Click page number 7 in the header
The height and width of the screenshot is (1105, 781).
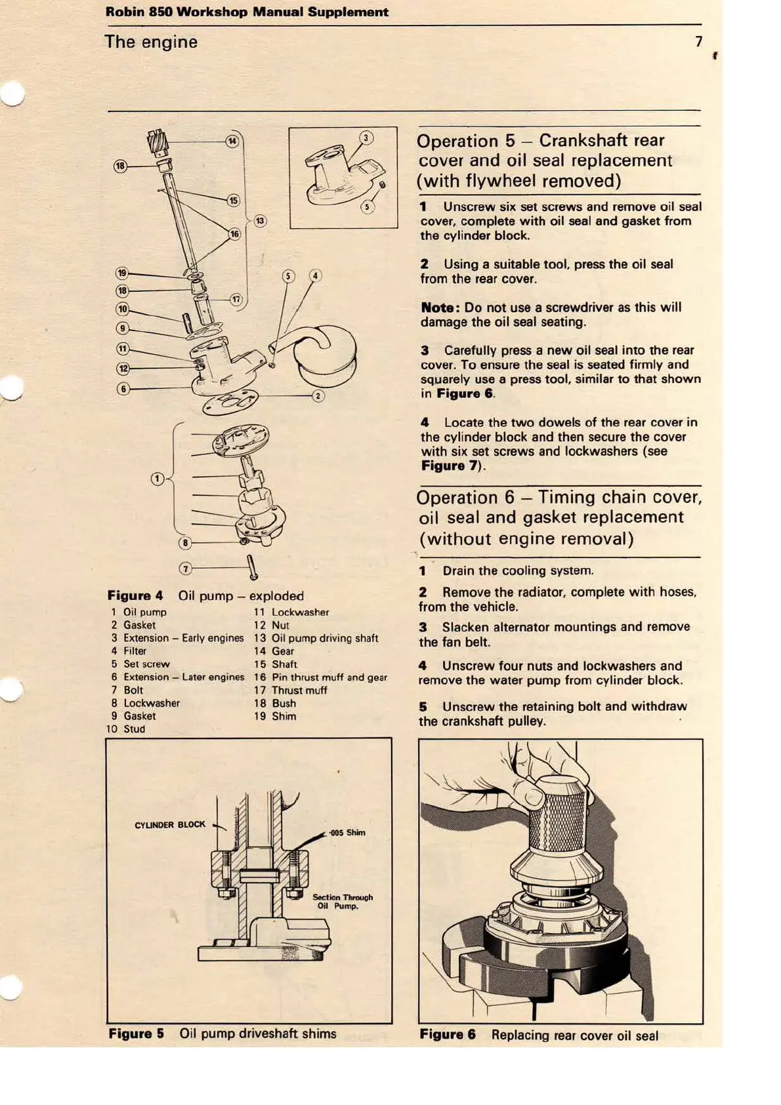click(x=698, y=42)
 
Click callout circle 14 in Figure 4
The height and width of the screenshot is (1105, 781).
click(x=232, y=141)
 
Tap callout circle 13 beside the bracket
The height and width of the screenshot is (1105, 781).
click(x=260, y=220)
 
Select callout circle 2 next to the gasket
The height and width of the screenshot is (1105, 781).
click(x=318, y=395)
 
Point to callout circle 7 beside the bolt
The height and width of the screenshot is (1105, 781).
click(x=186, y=569)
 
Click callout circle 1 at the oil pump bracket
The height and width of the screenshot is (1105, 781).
click(x=157, y=479)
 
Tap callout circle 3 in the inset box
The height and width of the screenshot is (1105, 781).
click(x=366, y=138)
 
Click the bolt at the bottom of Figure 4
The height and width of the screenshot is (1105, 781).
click(x=252, y=567)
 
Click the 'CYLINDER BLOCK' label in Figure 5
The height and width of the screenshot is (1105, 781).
click(x=170, y=825)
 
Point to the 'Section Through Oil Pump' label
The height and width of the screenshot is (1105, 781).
click(x=342, y=902)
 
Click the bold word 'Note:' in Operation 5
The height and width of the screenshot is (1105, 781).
click(x=438, y=308)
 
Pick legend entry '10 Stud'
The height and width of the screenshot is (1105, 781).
click(x=125, y=729)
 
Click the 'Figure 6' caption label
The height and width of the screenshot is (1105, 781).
click(x=447, y=1035)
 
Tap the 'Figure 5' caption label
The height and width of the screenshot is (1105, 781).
click(x=136, y=1034)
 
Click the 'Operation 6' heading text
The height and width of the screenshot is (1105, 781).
click(x=465, y=498)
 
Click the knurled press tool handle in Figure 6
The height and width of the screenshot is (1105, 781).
click(x=557, y=820)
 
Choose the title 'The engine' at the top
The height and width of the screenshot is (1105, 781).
click(x=151, y=42)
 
